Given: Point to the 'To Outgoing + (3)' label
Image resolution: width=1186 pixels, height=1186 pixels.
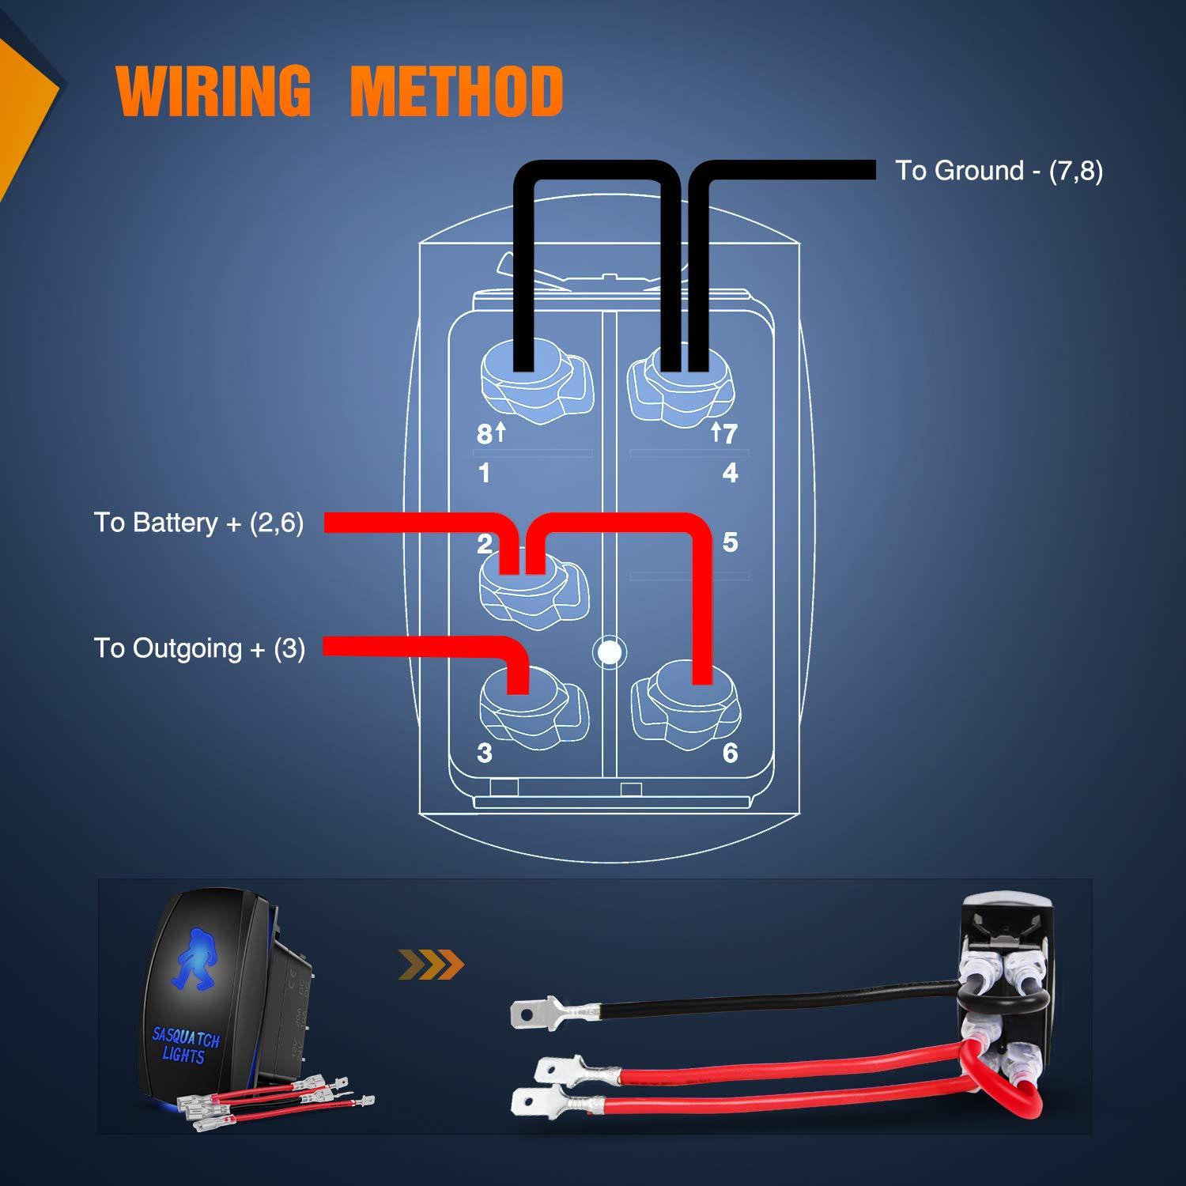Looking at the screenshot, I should pos(199,648).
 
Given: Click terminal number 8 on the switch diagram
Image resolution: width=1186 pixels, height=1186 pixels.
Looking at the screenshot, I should pos(484,433).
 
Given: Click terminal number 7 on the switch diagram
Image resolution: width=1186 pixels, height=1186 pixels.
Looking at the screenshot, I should pos(729,433).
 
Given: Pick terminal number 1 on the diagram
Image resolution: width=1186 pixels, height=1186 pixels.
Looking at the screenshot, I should pos(484,473).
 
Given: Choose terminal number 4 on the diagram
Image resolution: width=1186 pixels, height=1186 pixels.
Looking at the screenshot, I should pos(730,473).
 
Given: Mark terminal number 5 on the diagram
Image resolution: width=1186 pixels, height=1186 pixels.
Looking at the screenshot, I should pos(730,542).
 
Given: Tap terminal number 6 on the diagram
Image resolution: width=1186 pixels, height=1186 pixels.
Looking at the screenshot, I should pos(730,753).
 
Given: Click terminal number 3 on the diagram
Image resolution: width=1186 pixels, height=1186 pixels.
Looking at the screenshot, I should pos(484,753).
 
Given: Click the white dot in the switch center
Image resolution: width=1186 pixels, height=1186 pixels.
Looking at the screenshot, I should pos(608,652).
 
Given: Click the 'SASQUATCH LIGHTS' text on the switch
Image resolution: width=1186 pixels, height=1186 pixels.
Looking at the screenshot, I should pos(185,1045).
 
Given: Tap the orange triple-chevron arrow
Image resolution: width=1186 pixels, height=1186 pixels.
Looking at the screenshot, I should pos(431,964).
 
